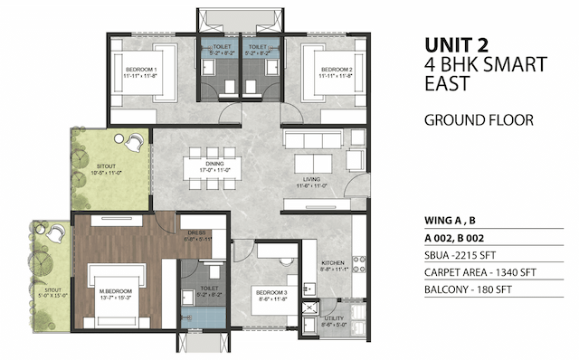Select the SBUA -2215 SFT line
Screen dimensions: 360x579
click(460, 254)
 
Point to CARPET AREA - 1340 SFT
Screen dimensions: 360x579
click(482, 272)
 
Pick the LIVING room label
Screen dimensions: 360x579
click(310, 180)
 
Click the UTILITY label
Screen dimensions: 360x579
click(333, 318)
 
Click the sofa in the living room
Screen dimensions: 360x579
click(310, 143)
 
